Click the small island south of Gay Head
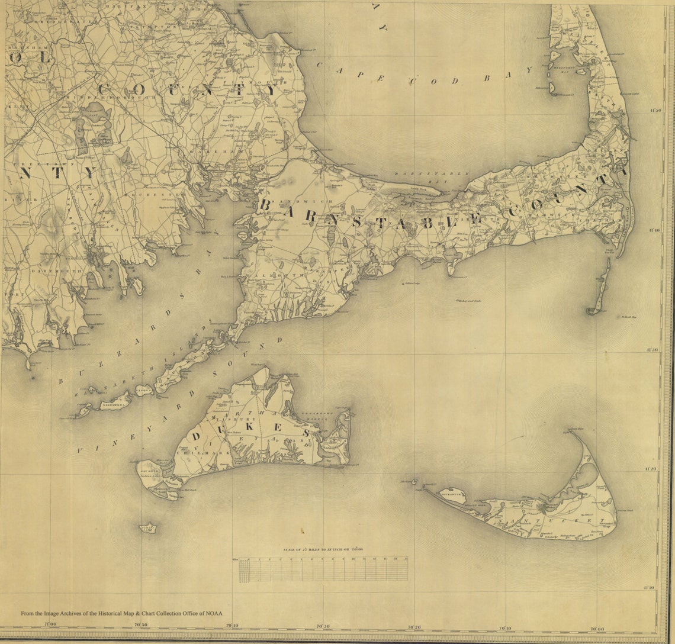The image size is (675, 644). point(147,526)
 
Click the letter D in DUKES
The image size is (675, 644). point(197,437)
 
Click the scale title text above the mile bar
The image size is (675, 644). point(323,550)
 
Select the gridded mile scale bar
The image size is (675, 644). point(323,569)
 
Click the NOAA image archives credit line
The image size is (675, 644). point(126,614)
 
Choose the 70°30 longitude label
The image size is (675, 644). point(323,626)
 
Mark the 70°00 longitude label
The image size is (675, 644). point(596,629)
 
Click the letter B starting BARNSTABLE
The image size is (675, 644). point(265,205)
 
